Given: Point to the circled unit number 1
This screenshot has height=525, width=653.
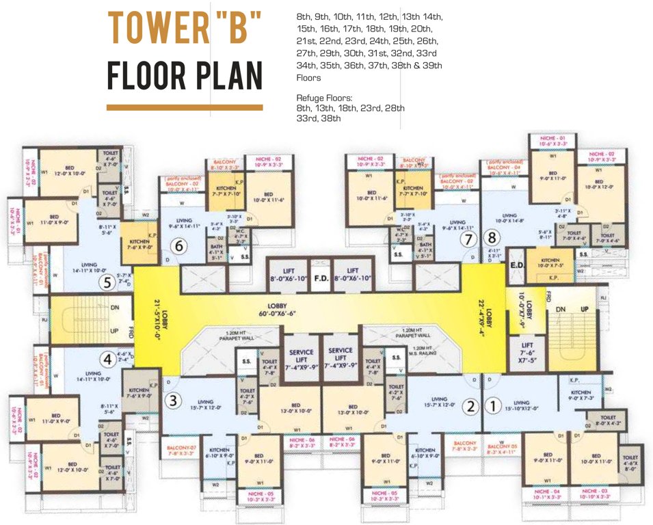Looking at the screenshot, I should [x=491, y=406].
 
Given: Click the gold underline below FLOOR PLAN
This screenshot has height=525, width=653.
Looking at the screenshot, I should [x=185, y=107].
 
